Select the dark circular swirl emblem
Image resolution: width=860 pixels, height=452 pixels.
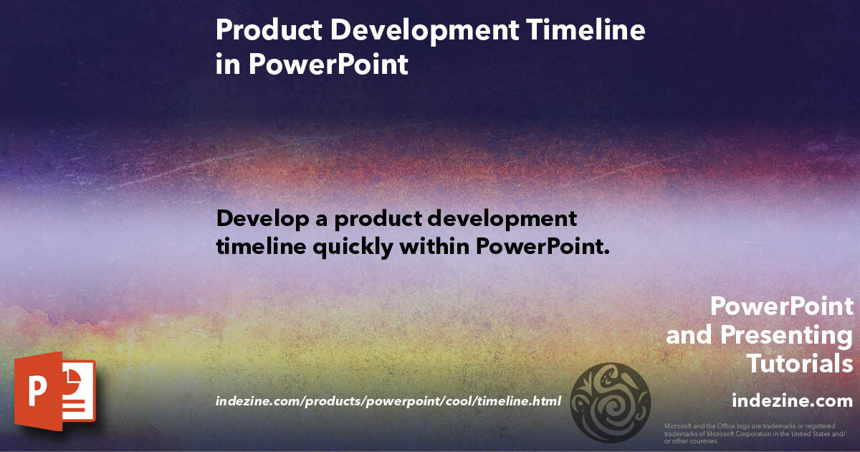(610, 402)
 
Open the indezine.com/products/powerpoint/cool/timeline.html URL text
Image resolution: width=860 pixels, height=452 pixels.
(388, 400)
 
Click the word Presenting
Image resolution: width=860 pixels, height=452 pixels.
(786, 335)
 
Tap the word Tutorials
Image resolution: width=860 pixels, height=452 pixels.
(800, 364)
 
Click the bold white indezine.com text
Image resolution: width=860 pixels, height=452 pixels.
(792, 400)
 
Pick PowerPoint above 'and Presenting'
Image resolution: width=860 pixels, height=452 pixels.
(782, 306)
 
